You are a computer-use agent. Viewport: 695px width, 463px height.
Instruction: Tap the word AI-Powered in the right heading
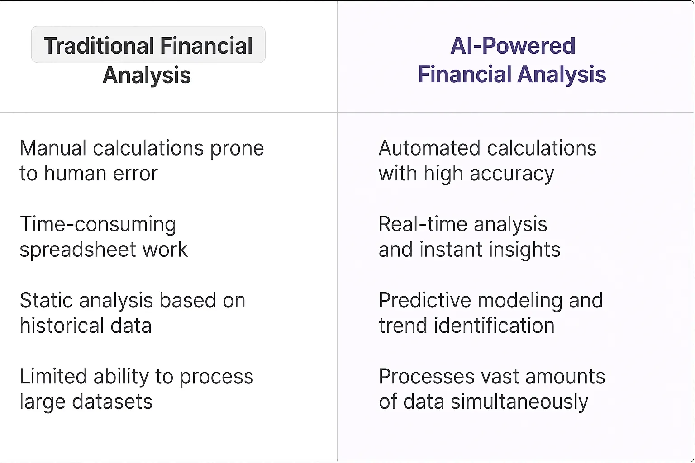(513, 46)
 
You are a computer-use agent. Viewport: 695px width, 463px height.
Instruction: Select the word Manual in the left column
(53, 148)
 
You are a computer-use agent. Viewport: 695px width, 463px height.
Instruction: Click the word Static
(46, 301)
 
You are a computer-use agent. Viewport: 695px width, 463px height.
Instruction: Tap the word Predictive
(424, 301)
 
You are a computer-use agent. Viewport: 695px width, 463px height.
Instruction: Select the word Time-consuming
(98, 225)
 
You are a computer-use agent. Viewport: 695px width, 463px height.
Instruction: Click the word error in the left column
(135, 174)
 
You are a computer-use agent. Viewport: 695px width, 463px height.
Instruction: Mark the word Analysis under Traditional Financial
(147, 76)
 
